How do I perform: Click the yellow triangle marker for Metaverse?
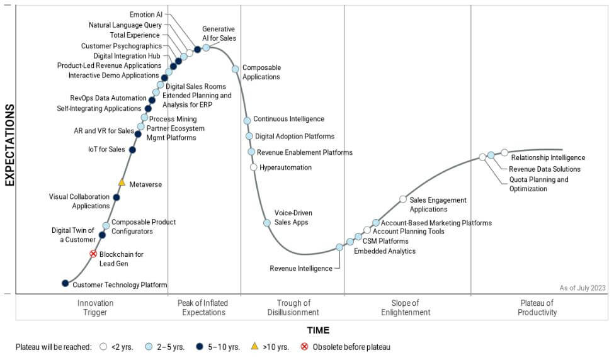[x=122, y=183]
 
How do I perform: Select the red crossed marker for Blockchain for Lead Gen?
[x=93, y=254]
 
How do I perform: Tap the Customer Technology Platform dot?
[x=65, y=283]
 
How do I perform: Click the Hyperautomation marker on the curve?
[x=254, y=167]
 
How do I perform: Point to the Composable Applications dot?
[x=236, y=69]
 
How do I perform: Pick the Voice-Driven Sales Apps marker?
[x=267, y=223]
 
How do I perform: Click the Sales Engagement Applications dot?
[x=403, y=200]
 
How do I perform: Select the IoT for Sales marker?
[x=132, y=150]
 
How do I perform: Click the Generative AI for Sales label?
[x=219, y=33]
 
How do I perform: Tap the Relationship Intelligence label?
[x=548, y=157]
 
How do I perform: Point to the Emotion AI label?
[x=145, y=14]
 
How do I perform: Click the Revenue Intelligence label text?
[x=301, y=268]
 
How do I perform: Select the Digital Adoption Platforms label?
[x=295, y=136]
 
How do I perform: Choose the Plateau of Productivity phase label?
[x=537, y=308]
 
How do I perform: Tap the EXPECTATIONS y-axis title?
[x=9, y=145]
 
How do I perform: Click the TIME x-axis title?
[x=318, y=330]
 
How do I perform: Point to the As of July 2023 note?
[x=583, y=288]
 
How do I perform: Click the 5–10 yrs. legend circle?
[x=199, y=347]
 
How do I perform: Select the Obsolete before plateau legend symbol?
[x=305, y=347]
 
